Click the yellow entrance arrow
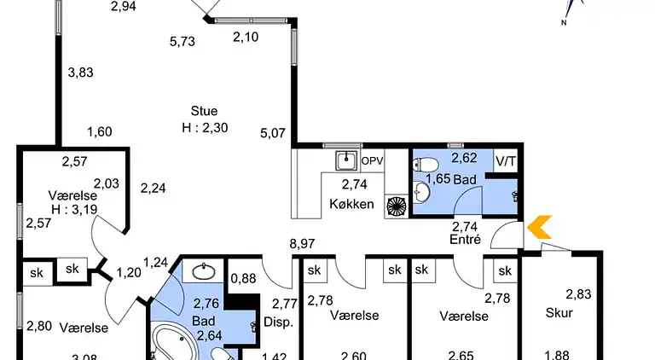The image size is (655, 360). pyautogui.click(x=540, y=227)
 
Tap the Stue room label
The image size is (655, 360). pyautogui.click(x=204, y=111)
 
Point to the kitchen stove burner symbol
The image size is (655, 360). pyautogui.click(x=397, y=206)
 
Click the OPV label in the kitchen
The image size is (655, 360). pyautogui.click(x=373, y=160)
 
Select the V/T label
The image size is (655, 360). pyautogui.click(x=505, y=160)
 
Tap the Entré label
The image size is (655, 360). pyautogui.click(x=466, y=240)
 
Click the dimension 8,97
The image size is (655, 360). pyautogui.click(x=301, y=244)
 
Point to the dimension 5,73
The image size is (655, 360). pyautogui.click(x=183, y=41)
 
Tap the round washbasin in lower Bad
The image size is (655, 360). pyautogui.click(x=204, y=272)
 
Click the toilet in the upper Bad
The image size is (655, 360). pyautogui.click(x=427, y=165)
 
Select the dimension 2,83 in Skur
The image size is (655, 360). pyautogui.click(x=578, y=294)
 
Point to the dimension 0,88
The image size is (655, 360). pyautogui.click(x=243, y=277)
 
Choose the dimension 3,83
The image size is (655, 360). pyautogui.click(x=80, y=73)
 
